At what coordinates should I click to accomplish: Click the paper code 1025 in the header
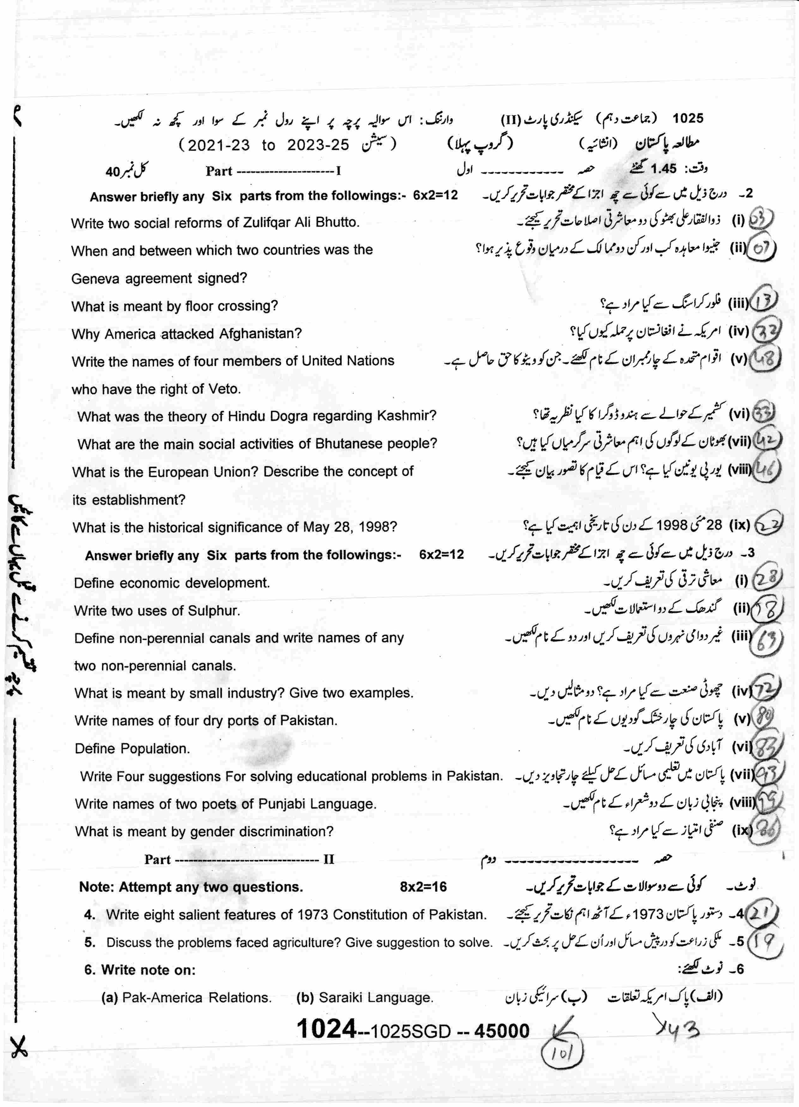(688, 118)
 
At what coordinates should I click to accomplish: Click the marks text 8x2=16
(423, 887)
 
